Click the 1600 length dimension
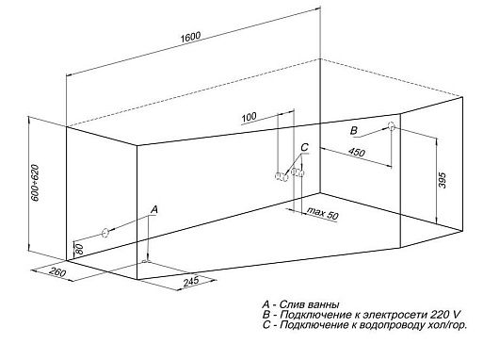190,37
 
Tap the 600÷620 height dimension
35,183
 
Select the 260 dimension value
58,272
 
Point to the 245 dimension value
191,281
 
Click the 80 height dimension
80,249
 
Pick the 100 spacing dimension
249,117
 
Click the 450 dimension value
357,153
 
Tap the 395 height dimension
443,181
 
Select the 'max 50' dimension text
322,214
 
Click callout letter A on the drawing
154,209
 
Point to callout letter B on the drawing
354,130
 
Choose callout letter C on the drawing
304,147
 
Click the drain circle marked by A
105,233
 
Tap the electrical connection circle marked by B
392,126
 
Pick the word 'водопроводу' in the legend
392,325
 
